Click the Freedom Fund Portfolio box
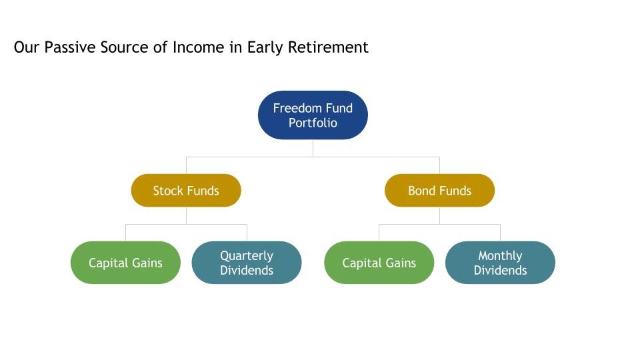[x=313, y=115]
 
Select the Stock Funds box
[x=186, y=190]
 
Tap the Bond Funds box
[x=439, y=190]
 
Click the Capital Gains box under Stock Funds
[x=125, y=263]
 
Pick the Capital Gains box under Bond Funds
[x=379, y=263]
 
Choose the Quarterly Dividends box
[x=247, y=263]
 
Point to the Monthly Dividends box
[x=500, y=263]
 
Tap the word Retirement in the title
[x=328, y=47]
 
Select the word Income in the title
[x=199, y=47]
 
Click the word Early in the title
[x=265, y=48]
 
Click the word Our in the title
[x=27, y=47]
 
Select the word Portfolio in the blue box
[x=313, y=123]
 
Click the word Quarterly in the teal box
[x=247, y=256]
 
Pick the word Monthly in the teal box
[x=500, y=256]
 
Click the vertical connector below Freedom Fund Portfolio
[x=313, y=148]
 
